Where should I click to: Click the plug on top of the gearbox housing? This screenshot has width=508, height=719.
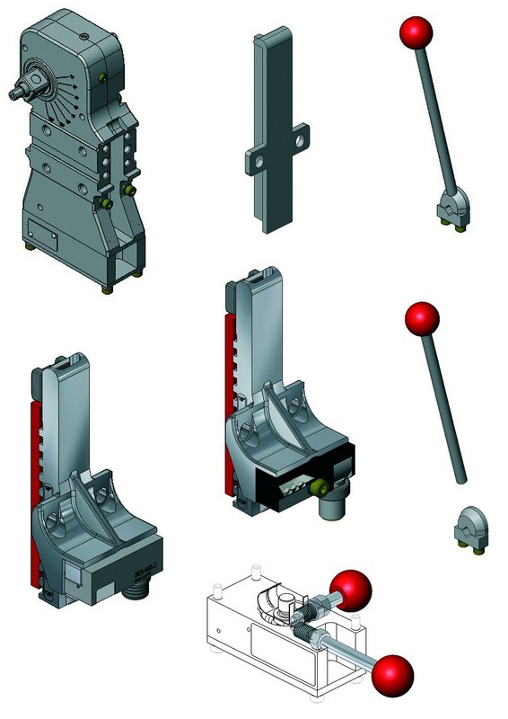point(83,37)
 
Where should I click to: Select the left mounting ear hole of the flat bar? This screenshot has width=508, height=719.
point(258,163)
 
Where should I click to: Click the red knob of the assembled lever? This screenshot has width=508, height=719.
point(416,33)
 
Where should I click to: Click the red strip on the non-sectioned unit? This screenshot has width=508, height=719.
point(37,485)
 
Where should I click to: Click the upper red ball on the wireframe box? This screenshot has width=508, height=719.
point(349,589)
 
